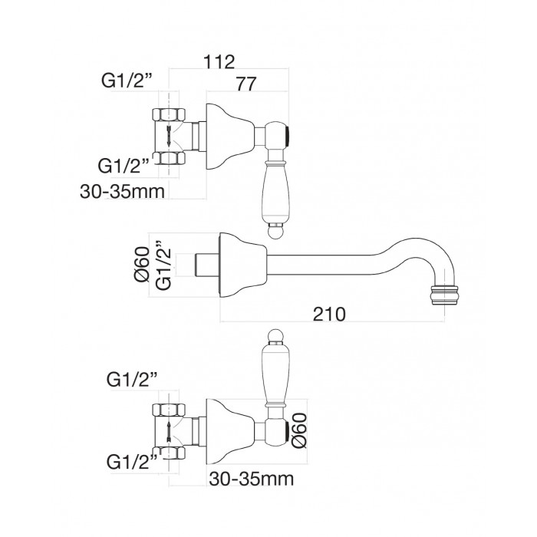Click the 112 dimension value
point(219,62)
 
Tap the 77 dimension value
point(246,84)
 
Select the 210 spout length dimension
point(329,314)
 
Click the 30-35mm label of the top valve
point(122,192)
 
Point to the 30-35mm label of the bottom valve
point(252,479)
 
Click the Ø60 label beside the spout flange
point(142,264)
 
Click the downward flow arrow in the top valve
point(169,136)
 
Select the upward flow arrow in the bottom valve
point(169,432)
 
